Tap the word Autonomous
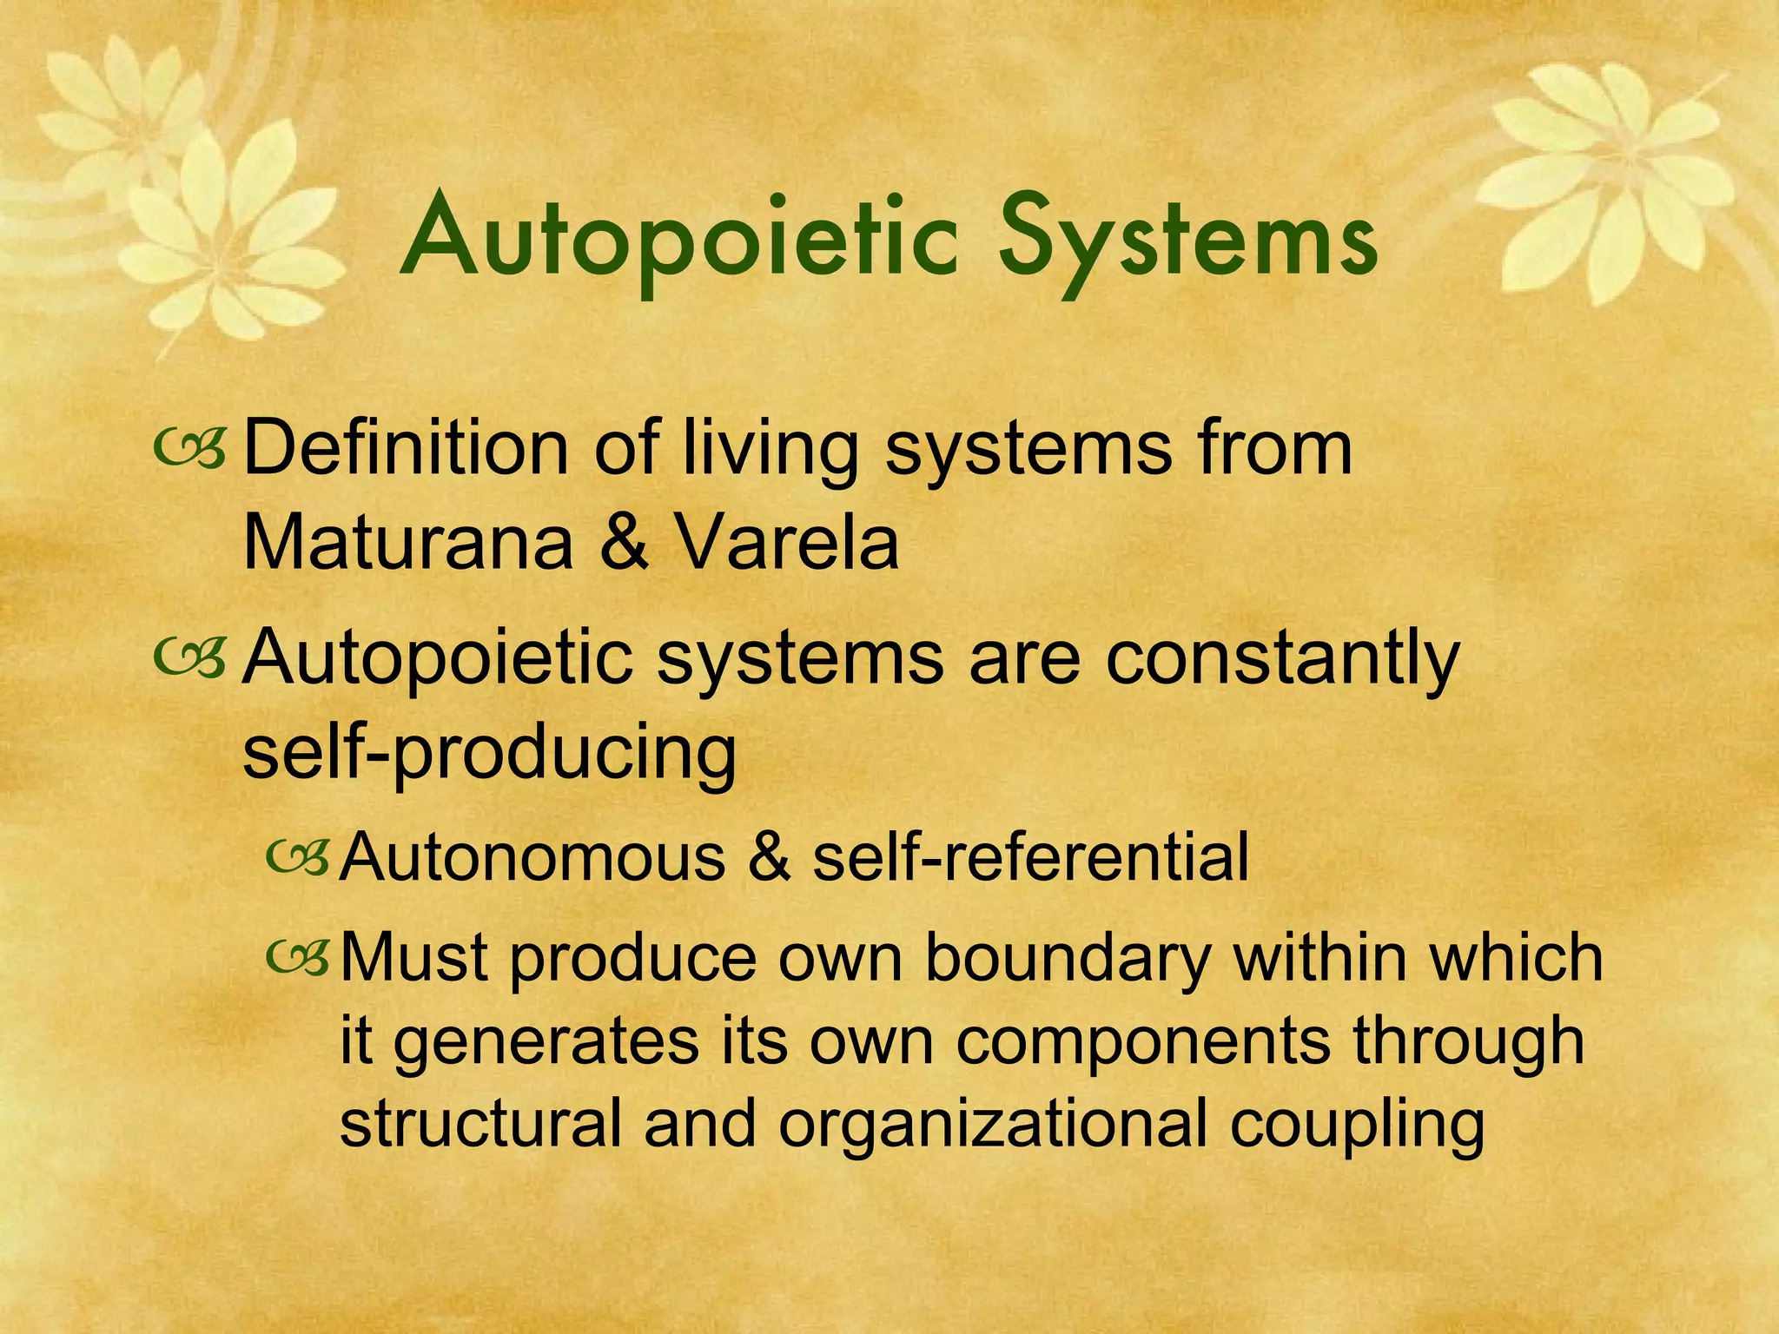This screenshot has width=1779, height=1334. tap(532, 857)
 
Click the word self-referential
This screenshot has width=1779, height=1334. tap(1030, 857)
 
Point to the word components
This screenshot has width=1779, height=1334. tap(1143, 1041)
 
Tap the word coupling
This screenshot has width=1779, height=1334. tap(1357, 1126)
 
